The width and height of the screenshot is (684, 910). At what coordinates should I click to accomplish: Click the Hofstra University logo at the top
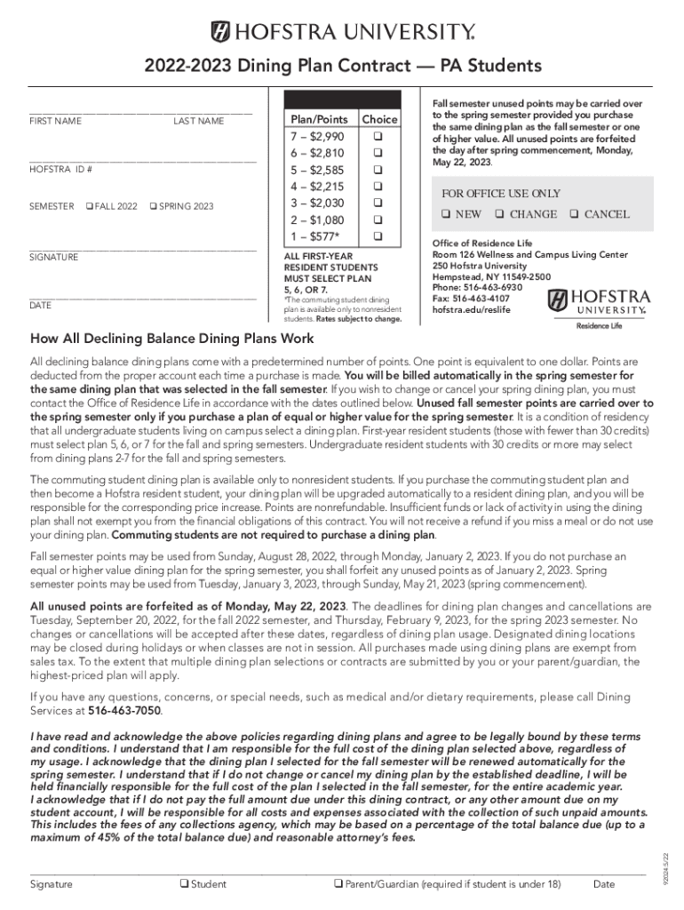pos(342,33)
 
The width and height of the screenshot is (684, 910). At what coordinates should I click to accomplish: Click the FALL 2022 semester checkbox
pos(90,206)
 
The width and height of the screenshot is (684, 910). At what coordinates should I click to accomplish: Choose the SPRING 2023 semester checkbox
pos(154,206)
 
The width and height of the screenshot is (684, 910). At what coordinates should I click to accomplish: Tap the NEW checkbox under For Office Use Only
pos(447,214)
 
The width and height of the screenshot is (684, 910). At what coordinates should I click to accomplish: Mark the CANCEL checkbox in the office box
pos(576,214)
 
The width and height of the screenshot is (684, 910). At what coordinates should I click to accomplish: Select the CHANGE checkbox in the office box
pos(500,214)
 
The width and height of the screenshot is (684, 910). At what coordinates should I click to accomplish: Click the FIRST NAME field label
pos(56,121)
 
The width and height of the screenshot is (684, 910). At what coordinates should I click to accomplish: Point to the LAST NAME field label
pos(199,121)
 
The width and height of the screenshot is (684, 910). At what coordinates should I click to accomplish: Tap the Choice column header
pos(379,119)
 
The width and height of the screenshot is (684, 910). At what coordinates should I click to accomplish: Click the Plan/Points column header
pos(320,119)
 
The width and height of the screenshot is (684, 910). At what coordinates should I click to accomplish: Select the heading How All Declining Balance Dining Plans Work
pos(171,339)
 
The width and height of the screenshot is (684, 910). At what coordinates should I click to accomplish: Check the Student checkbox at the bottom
pos(184,884)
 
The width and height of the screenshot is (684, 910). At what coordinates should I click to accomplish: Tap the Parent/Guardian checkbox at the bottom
pos(338,884)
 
